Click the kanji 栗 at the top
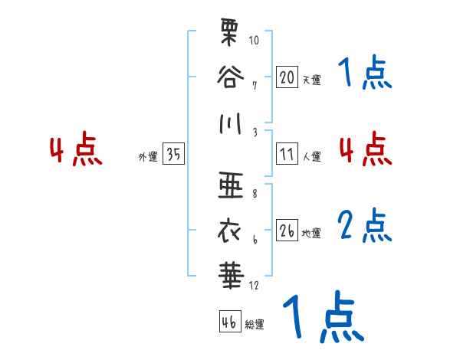click(x=228, y=35)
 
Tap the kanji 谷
click(x=228, y=77)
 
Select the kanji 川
click(x=228, y=123)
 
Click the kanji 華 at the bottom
click(x=228, y=273)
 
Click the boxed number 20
click(x=287, y=77)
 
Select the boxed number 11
click(x=287, y=154)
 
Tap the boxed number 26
click(x=287, y=230)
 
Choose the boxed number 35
click(x=173, y=155)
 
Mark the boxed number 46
click(x=228, y=322)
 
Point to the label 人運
click(x=311, y=156)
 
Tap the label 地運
click(x=311, y=233)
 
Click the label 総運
click(x=255, y=325)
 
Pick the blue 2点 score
click(x=366, y=226)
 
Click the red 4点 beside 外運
click(x=76, y=150)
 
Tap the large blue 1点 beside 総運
click(x=323, y=317)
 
